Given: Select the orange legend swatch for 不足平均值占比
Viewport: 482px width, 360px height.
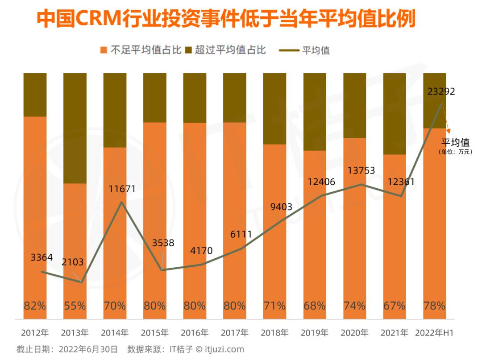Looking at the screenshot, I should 104,50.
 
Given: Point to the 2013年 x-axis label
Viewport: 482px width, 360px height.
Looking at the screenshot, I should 75,333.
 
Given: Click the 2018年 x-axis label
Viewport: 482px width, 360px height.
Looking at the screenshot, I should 274,333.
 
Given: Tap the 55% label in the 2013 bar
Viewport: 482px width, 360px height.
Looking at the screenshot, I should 75,306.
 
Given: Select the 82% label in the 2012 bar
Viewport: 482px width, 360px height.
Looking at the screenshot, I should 35,306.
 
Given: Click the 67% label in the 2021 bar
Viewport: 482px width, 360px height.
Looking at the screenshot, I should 395,306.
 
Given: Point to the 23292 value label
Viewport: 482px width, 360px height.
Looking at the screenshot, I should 441,92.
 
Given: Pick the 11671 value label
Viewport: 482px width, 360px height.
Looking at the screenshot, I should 122,189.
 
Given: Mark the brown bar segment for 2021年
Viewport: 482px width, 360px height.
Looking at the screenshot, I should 395,114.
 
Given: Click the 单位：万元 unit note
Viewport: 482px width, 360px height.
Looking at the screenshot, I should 455,152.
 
